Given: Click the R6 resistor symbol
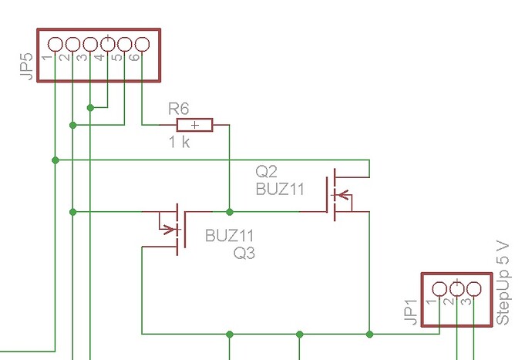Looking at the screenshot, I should click(196, 124).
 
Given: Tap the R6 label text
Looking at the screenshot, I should click(179, 109).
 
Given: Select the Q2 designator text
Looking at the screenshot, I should click(266, 171).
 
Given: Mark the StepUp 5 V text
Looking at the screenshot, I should click(503, 281).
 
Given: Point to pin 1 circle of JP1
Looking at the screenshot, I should click(439, 289).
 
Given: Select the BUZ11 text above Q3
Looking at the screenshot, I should click(229, 236).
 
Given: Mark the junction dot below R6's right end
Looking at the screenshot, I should click(229, 211).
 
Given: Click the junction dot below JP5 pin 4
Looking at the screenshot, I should click(90, 107).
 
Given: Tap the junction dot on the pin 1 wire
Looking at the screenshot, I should click(55, 160).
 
